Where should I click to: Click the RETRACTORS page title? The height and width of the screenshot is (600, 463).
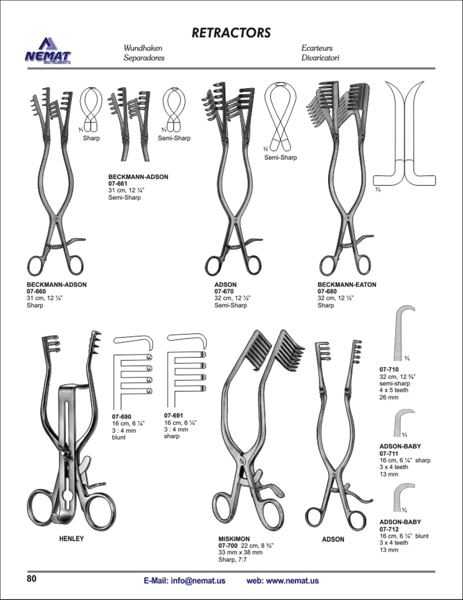coord(231,33)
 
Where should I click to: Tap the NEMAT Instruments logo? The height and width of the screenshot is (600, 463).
coord(48,51)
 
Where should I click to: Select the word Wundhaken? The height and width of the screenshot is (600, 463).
coord(143,48)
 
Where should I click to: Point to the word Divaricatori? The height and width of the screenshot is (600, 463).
coord(320,58)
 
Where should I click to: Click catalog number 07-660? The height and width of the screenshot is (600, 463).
coord(36,291)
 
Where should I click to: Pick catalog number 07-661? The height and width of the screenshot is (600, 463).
coord(118,184)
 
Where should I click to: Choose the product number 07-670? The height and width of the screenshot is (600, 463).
coord(224,291)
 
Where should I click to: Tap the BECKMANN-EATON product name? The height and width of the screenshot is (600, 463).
coord(347,284)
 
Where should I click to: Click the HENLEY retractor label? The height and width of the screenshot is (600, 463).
coord(71,539)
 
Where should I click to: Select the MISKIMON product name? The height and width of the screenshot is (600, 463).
coord(234,539)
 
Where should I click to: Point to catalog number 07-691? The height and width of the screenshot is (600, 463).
coord(174,416)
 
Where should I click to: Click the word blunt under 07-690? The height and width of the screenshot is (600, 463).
coord(118,437)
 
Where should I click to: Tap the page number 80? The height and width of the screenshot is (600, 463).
coord(31,578)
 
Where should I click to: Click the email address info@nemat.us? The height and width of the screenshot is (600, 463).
coord(198,581)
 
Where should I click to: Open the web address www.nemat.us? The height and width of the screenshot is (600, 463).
coord(292,581)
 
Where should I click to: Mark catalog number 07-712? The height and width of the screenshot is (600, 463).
coord(389,529)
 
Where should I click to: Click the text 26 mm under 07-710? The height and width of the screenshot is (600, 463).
coord(389,397)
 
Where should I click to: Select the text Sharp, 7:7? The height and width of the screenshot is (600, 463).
coord(233,560)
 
